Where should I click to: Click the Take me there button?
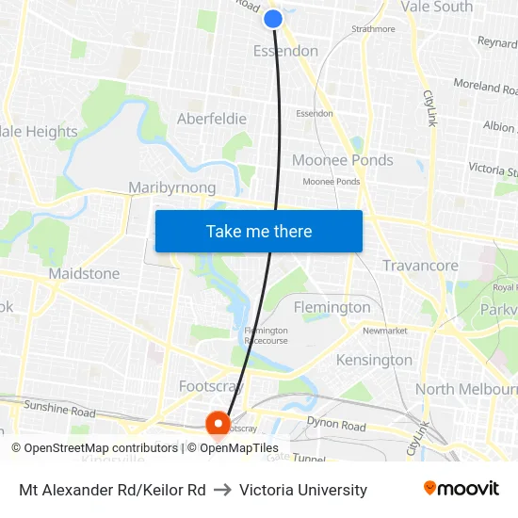pos(259,232)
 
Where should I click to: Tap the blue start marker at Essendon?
pos(273,19)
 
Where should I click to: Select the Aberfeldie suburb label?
pos(212,119)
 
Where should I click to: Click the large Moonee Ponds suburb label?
pos(342,160)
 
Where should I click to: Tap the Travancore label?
pos(420,266)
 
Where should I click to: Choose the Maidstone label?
pos(84,274)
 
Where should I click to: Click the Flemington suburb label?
pos(332,307)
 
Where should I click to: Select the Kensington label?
pos(374,360)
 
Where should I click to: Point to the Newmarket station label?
pos(384,331)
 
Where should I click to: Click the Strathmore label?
pos(373,29)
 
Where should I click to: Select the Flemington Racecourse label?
pos(266,335)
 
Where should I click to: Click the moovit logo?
pos(461,489)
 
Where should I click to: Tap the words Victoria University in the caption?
pos(303,490)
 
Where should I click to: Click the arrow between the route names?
pos(222,490)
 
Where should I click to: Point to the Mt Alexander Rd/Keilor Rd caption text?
pos(112,490)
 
